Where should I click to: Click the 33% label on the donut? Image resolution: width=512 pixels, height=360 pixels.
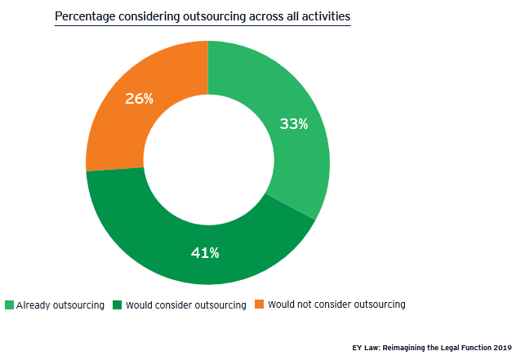pos(294,124)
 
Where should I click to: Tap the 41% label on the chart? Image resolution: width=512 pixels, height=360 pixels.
pos(205,253)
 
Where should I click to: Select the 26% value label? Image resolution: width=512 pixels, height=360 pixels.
pos(139,99)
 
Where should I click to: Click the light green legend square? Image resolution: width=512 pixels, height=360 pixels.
pos(9,305)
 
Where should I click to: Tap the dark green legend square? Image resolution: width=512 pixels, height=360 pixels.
pos(118,305)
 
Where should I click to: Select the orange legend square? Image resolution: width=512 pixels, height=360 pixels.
pos(259,305)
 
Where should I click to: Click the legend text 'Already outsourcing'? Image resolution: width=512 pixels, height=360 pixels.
pos(60,305)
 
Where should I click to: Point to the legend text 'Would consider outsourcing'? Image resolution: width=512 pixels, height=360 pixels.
pos(186,305)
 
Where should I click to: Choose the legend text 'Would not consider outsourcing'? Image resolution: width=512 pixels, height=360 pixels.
pos(336,305)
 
